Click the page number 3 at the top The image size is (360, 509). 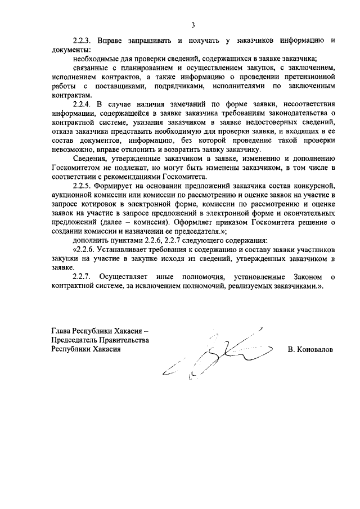click(193, 25)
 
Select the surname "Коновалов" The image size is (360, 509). click(314, 349)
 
